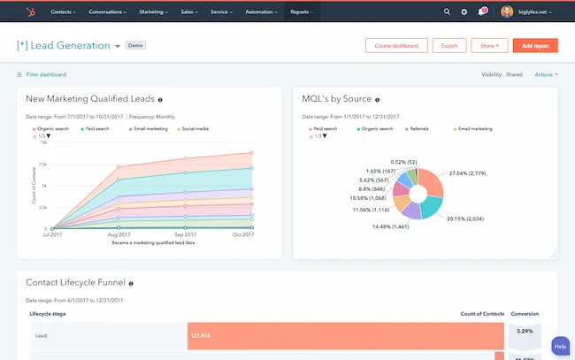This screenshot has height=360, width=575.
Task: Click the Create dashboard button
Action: (x=396, y=45)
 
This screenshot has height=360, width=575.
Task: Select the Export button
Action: (x=449, y=45)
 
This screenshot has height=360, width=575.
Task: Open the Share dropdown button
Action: (x=489, y=45)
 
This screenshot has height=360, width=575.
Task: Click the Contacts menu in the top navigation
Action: (x=63, y=12)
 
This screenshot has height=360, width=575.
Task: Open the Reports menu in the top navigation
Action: (x=302, y=12)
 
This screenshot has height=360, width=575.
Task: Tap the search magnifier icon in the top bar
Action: (x=447, y=12)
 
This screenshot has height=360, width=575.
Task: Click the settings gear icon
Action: (x=464, y=12)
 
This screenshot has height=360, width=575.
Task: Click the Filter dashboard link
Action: (x=45, y=74)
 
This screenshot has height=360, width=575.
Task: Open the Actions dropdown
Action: (x=545, y=74)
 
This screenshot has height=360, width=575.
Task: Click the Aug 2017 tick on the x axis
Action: (x=118, y=234)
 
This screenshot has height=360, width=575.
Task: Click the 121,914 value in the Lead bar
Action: (x=201, y=335)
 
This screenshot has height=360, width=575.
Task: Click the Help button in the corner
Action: (x=560, y=346)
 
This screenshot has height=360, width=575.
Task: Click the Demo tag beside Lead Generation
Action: (x=135, y=44)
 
